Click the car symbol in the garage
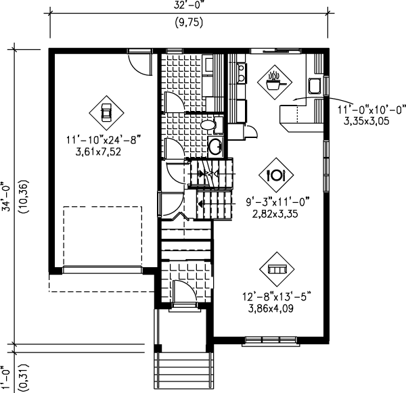click(106, 113)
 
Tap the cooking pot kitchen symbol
click(275, 82)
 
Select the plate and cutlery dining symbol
click(276, 175)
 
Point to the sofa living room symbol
click(277, 269)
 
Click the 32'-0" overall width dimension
click(188, 5)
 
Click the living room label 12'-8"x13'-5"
click(277, 296)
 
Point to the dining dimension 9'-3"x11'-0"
click(278, 202)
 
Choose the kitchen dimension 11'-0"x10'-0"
click(371, 110)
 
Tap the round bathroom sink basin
click(215, 147)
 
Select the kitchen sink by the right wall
click(315, 86)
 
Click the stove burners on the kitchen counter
click(242, 73)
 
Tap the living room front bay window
click(271, 341)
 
